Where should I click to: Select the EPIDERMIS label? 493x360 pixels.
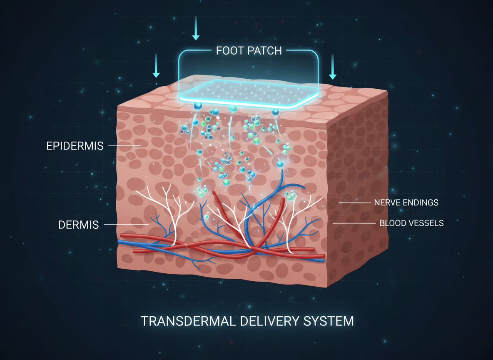pyautogui.click(x=75, y=146)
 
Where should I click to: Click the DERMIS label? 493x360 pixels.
pyautogui.click(x=79, y=225)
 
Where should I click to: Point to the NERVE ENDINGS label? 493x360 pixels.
pyautogui.click(x=406, y=203)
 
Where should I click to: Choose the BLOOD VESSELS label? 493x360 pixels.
pyautogui.click(x=411, y=223)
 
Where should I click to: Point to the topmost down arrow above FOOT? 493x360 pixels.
pyautogui.click(x=196, y=29)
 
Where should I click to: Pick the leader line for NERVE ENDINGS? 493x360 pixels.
pyautogui.click(x=354, y=203)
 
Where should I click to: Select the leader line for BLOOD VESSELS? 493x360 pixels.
pyautogui.click(x=354, y=223)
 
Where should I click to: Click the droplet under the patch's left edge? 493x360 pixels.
pyautogui.click(x=197, y=106)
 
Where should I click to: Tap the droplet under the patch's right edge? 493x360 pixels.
pyautogui.click(x=275, y=112)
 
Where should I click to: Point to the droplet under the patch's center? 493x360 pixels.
pyautogui.click(x=233, y=108)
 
